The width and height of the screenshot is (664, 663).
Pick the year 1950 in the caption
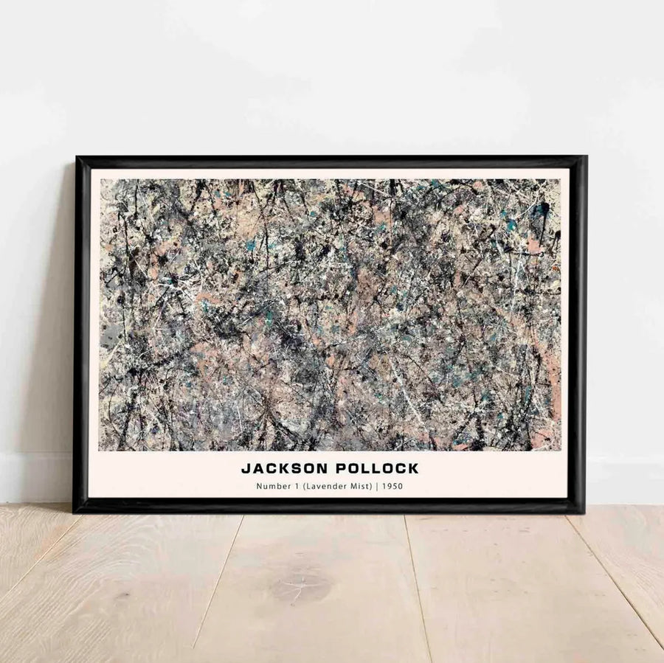(x=392, y=486)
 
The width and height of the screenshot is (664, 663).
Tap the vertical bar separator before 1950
(x=376, y=486)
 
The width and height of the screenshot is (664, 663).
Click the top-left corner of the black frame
(x=77, y=159)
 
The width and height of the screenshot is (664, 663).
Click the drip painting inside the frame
(x=329, y=314)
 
